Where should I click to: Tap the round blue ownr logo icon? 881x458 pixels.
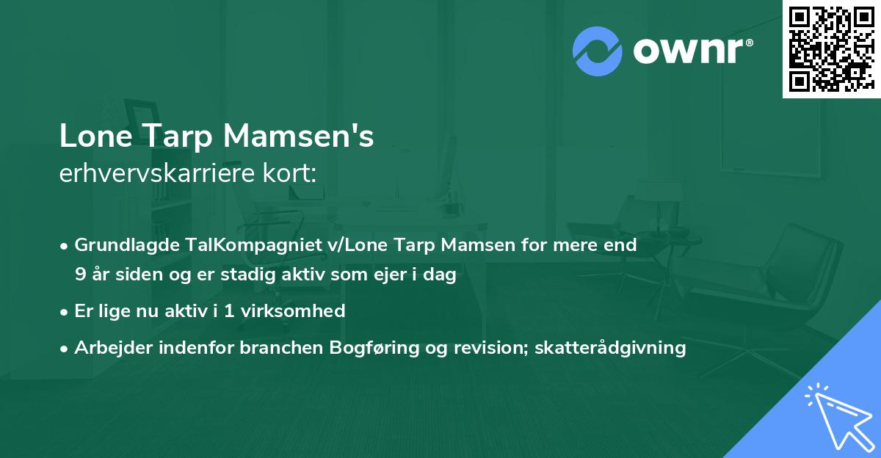tap(597, 51)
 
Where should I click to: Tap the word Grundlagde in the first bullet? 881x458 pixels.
tap(122, 245)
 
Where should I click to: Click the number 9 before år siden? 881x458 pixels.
tap(79, 275)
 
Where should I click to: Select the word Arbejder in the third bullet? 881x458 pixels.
tap(106, 347)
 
